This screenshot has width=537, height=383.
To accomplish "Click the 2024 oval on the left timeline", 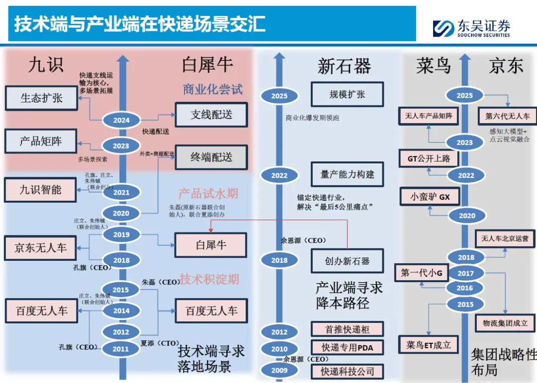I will tap(121, 120).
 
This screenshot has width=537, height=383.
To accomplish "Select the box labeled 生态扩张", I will tap(41, 98).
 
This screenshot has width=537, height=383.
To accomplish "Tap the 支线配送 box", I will tap(211, 115).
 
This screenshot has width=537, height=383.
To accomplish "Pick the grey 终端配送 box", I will tap(211, 157).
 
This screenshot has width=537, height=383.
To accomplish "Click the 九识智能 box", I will tap(40, 189).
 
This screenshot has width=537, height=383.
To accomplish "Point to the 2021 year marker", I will tap(121, 192).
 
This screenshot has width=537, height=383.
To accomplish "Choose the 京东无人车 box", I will tap(40, 247).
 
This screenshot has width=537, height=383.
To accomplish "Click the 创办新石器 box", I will tap(348, 261).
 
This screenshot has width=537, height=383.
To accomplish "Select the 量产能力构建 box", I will tap(348, 174).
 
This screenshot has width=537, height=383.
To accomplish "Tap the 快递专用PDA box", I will tap(348, 348).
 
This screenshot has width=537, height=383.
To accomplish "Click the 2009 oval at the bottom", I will tap(279, 370).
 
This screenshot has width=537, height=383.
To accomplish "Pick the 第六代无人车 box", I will tap(507, 116).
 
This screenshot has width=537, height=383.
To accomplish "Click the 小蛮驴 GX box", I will tap(430, 197).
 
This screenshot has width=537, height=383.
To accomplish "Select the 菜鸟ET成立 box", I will tap(429, 345).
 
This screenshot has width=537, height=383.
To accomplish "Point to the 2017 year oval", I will tap(465, 273).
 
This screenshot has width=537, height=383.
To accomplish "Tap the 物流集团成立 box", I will tap(505, 323).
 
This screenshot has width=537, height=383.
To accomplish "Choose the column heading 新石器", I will tap(344, 66).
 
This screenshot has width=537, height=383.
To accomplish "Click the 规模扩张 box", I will tap(348, 94).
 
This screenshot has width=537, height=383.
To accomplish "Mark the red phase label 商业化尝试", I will tap(213, 89).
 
